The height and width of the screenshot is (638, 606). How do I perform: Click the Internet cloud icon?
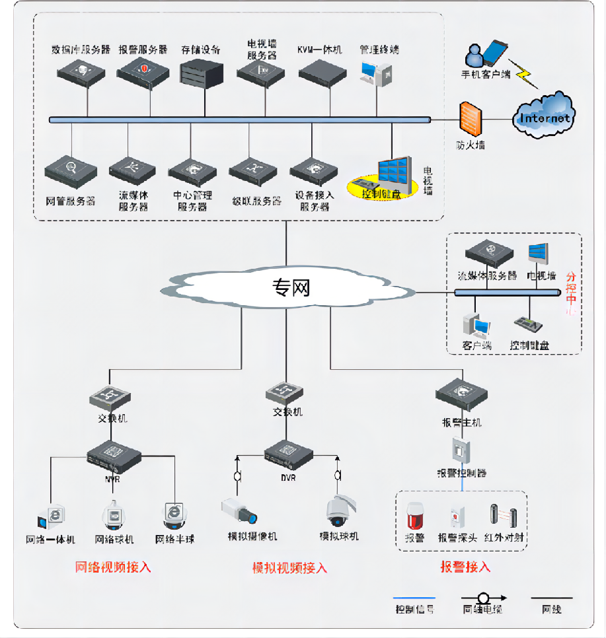pos(545,116)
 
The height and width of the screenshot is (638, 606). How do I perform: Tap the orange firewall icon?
pos(471,120)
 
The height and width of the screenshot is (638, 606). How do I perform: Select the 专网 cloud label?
pos(291,287)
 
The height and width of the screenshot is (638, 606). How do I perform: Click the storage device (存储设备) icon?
pos(200,72)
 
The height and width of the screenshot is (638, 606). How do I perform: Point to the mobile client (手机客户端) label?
pos(485,74)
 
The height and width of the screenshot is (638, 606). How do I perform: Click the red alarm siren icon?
pos(414,515)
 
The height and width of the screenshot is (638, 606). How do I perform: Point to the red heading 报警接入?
pos(465,567)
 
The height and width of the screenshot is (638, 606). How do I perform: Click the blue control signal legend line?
pos(414,598)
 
